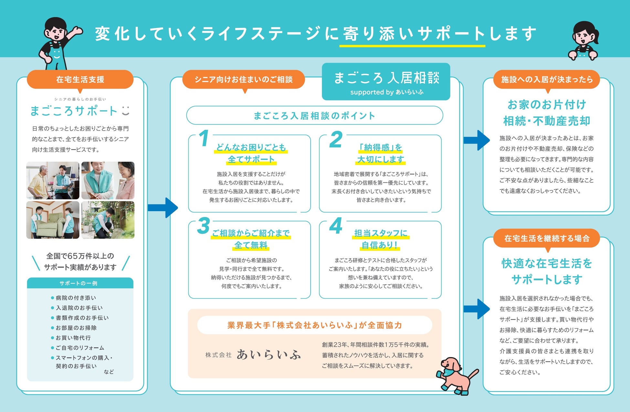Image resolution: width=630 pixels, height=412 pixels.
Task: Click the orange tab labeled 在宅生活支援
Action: point(80,79)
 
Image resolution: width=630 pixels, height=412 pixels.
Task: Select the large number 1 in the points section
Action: point(204,138)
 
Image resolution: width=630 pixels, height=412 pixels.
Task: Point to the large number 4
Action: point(336,226)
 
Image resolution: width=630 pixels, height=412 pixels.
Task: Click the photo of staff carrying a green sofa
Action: point(53,220)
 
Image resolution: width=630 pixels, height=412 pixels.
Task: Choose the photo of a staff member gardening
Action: point(108,220)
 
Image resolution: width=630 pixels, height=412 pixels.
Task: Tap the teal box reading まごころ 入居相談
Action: point(386,81)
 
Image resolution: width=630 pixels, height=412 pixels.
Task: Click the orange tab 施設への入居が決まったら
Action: point(547,79)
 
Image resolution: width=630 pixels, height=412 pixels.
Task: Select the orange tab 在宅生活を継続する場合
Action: point(547,238)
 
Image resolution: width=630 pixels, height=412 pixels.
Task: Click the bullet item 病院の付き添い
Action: point(76,298)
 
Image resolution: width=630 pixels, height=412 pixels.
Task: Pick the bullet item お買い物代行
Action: point(73,338)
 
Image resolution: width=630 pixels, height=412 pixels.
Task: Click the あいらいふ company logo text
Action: point(268,355)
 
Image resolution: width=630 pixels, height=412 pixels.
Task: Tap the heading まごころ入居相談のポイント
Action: point(314,115)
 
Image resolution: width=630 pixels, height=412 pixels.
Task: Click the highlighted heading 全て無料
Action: point(251,245)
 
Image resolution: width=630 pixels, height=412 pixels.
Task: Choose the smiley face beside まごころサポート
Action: point(126,111)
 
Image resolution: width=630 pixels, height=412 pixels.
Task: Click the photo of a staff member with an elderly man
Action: point(53,180)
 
